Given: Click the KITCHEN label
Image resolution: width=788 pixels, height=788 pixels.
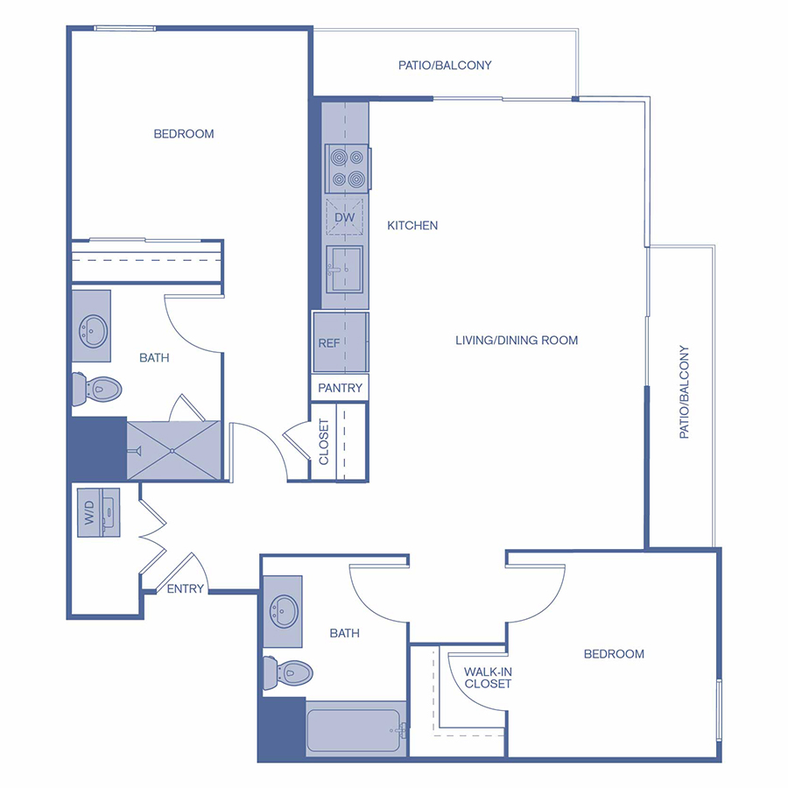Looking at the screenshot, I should (412, 226).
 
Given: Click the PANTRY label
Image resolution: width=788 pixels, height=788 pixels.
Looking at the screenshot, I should (341, 388).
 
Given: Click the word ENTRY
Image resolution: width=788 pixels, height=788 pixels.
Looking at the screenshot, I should (186, 589).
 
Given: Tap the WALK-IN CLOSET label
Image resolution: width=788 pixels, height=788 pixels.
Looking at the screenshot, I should (488, 677).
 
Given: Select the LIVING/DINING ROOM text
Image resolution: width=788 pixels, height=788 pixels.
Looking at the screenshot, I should (517, 341).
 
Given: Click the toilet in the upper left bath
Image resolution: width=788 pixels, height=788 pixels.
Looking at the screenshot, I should (95, 388).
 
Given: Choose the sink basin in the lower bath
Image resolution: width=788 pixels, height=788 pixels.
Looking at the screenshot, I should (284, 608).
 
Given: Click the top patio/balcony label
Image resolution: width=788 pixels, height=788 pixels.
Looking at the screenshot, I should (445, 66).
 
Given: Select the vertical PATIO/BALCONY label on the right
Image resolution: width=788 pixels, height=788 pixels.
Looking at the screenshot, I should (685, 392).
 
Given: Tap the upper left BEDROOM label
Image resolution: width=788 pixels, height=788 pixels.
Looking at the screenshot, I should (184, 134).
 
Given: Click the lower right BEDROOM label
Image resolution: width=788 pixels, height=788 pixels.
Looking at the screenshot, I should (614, 654).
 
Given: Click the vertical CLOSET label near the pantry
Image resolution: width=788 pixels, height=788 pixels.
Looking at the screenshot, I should (324, 442).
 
